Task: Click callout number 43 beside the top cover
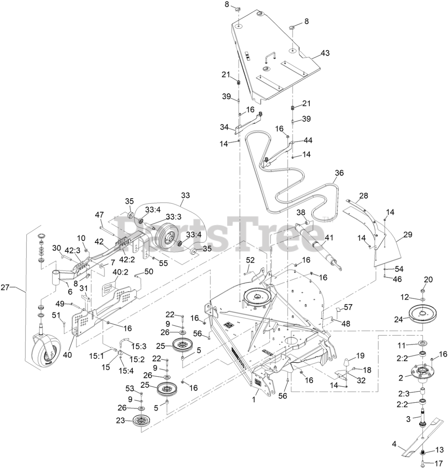pyautogui.click(x=325, y=53)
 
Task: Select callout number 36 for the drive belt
pyautogui.click(x=339, y=173)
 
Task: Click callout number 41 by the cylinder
pyautogui.click(x=329, y=237)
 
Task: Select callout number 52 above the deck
pyautogui.click(x=250, y=260)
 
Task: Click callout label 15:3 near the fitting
pyautogui.click(x=139, y=346)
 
